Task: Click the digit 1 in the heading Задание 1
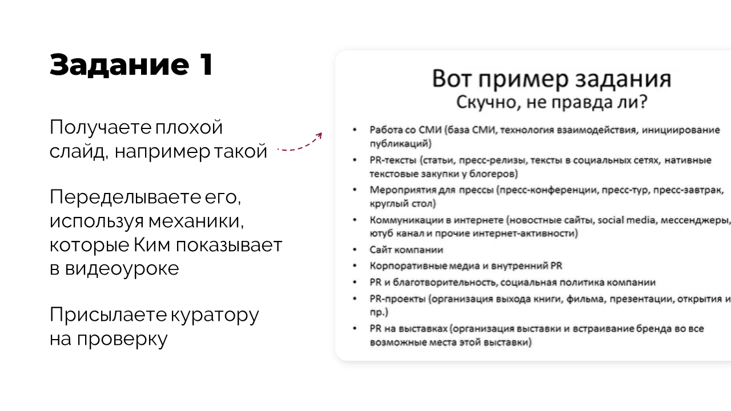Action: point(206,65)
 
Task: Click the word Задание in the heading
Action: point(119,65)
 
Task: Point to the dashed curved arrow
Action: point(300,142)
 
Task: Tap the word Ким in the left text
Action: point(152,245)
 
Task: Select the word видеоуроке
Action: point(122,269)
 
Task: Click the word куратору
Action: point(215,316)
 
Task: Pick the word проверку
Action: point(122,340)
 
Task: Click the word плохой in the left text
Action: point(189,127)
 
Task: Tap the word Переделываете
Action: point(125,197)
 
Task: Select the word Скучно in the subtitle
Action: point(485,102)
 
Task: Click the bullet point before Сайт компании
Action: point(355,250)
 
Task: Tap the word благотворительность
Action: point(445,283)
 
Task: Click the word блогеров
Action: point(493,174)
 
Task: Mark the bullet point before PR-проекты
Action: point(355,299)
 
